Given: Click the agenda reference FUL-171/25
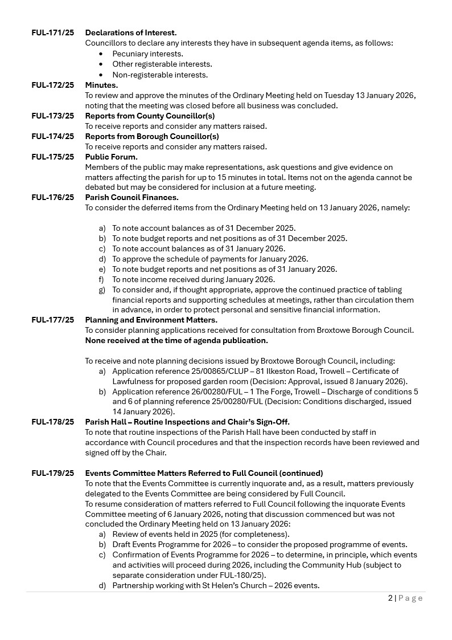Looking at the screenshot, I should [52, 33].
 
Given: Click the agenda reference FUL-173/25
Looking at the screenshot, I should [52, 116].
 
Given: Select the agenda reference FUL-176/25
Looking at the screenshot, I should [52, 198].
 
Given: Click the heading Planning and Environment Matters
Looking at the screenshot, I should [151, 320].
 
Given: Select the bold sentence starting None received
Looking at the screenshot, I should [176, 341].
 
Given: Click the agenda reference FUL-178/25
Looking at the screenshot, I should [52, 422].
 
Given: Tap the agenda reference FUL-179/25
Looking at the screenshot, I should [52, 474].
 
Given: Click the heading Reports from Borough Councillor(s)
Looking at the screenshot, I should [152, 137].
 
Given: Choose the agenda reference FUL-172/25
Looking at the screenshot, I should [52, 85].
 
